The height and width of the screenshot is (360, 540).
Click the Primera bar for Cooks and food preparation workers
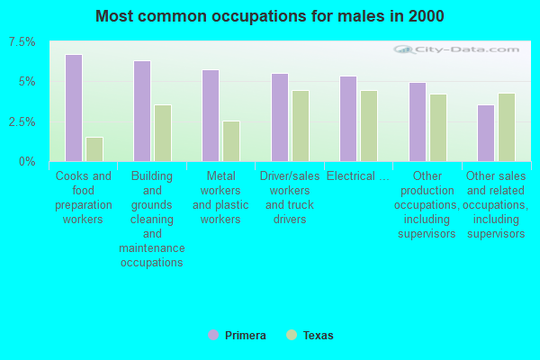[74, 108]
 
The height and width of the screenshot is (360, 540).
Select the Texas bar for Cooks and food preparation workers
[94, 149]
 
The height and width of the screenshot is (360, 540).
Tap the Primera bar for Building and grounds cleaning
[142, 111]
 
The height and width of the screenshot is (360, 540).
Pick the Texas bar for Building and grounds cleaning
[163, 133]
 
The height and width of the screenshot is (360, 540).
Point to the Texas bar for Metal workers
[231, 141]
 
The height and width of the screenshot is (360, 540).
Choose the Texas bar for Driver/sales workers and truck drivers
[301, 126]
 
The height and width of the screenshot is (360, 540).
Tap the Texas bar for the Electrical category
[369, 126]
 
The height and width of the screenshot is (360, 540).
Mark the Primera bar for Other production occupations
[418, 121]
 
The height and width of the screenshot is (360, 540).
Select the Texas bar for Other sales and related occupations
[507, 127]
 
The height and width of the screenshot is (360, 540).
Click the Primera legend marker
[213, 336]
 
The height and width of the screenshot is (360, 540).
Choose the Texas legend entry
[310, 336]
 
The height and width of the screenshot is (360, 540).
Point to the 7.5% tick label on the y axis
[22, 42]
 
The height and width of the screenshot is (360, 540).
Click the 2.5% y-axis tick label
[22, 121]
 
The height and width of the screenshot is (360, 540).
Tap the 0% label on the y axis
[28, 161]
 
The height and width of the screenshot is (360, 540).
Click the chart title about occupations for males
[270, 16]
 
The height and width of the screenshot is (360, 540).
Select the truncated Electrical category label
[358, 176]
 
